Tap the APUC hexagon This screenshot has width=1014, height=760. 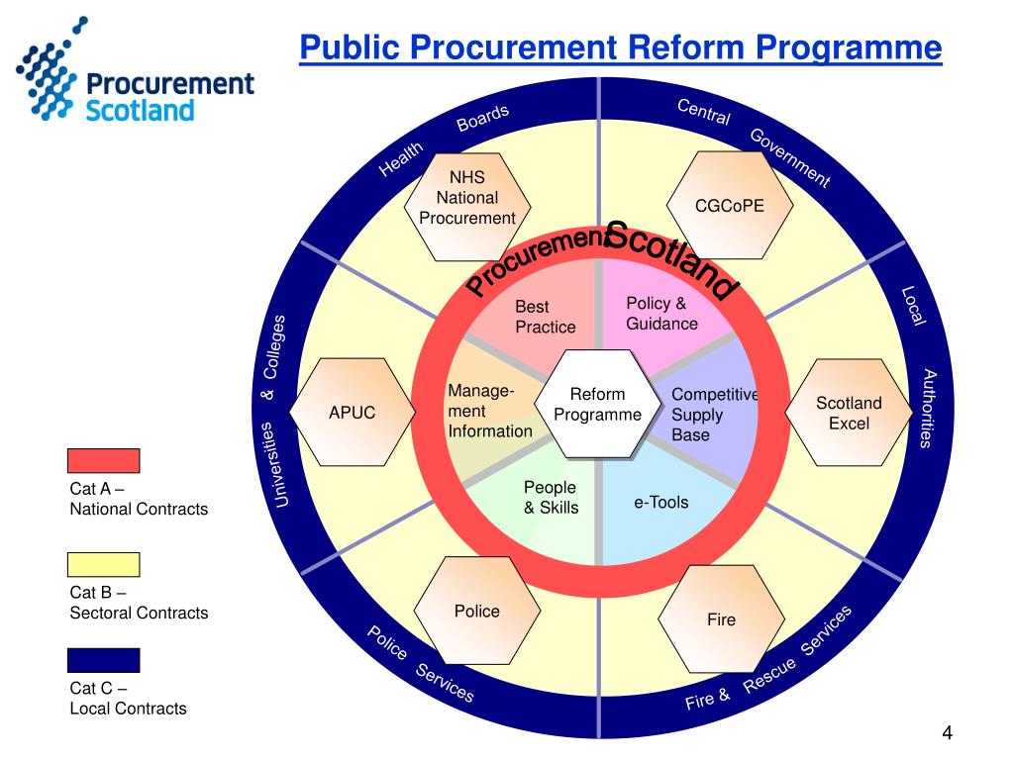click(x=353, y=412)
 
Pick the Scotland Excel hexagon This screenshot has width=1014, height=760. click(x=849, y=413)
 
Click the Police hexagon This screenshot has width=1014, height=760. click(x=476, y=612)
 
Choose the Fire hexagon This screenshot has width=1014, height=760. click(x=721, y=619)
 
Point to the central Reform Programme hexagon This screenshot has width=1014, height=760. click(x=597, y=405)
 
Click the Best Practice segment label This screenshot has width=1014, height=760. click(x=545, y=317)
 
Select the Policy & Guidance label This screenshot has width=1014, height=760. click(x=661, y=314)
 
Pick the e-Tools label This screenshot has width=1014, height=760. click(x=660, y=503)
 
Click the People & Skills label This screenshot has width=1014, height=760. click(x=551, y=498)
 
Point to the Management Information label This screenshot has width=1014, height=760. click(x=489, y=411)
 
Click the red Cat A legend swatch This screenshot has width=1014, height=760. click(x=104, y=461)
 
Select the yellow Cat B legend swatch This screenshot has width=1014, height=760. click(x=104, y=565)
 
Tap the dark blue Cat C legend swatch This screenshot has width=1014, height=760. click(x=104, y=660)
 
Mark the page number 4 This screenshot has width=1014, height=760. click(x=947, y=733)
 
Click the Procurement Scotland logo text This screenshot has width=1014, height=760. click(x=169, y=96)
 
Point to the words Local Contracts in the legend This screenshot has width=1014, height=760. click(x=128, y=709)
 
